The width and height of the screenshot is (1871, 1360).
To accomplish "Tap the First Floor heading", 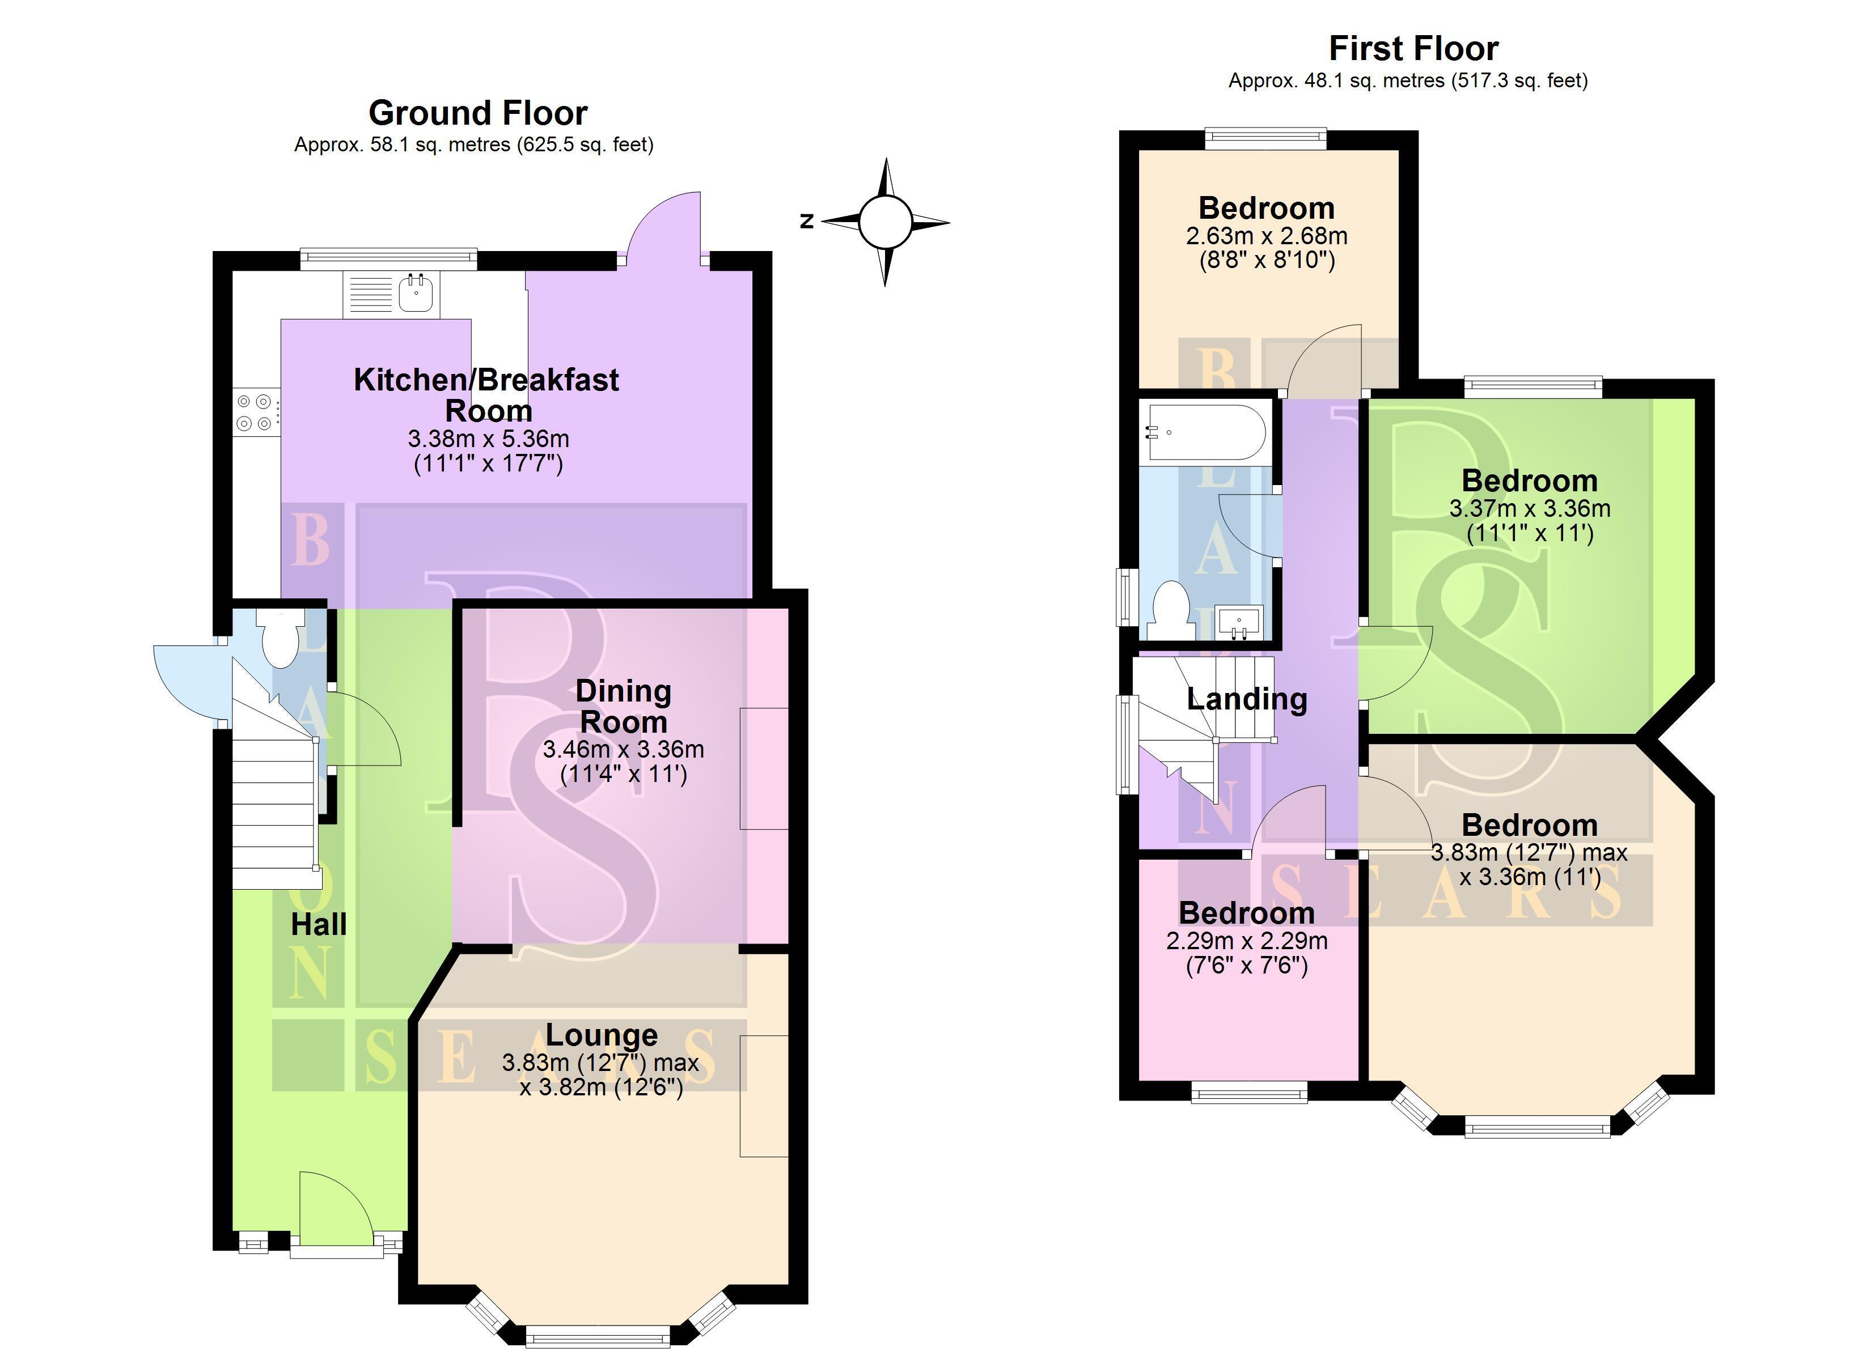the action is point(1413,49).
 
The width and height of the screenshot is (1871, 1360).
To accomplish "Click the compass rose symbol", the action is point(885,222).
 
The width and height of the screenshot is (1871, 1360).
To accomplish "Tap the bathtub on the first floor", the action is point(1204,432).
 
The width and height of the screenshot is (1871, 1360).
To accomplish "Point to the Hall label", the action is point(319,925).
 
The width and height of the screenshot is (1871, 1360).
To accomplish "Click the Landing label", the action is point(1247,699).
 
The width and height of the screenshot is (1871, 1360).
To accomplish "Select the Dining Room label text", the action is point(623,706).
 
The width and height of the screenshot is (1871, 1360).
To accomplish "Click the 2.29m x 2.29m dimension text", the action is point(1247,940).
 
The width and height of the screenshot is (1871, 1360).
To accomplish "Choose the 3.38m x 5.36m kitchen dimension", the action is point(488,438).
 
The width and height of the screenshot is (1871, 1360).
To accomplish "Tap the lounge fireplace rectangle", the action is point(764,1096).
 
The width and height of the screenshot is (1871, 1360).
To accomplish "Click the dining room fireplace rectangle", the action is point(764,768).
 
